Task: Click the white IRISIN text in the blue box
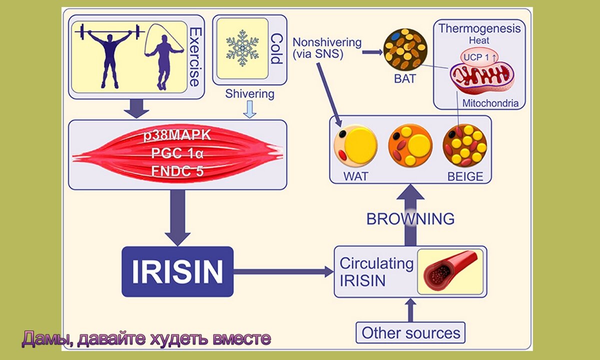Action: tap(177, 271)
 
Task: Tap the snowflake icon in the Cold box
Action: tap(242, 48)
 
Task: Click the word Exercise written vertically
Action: tap(194, 57)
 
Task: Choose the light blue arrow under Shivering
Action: tap(249, 109)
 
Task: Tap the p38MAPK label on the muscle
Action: tap(177, 135)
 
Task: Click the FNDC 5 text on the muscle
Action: tap(177, 171)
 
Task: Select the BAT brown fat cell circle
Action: tap(405, 49)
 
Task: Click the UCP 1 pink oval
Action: tap(479, 57)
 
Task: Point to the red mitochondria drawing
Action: tap(482, 78)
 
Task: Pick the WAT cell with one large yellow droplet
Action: tap(355, 145)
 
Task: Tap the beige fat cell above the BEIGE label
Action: tap(464, 145)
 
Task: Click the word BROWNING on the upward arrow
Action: tap(410, 219)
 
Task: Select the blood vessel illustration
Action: tap(450, 271)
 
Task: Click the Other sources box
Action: tap(410, 332)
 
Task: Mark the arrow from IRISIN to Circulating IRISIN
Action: tap(283, 271)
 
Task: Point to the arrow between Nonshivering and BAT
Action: tap(372, 52)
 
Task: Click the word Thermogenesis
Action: tap(479, 28)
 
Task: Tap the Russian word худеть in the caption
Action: tap(179, 338)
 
